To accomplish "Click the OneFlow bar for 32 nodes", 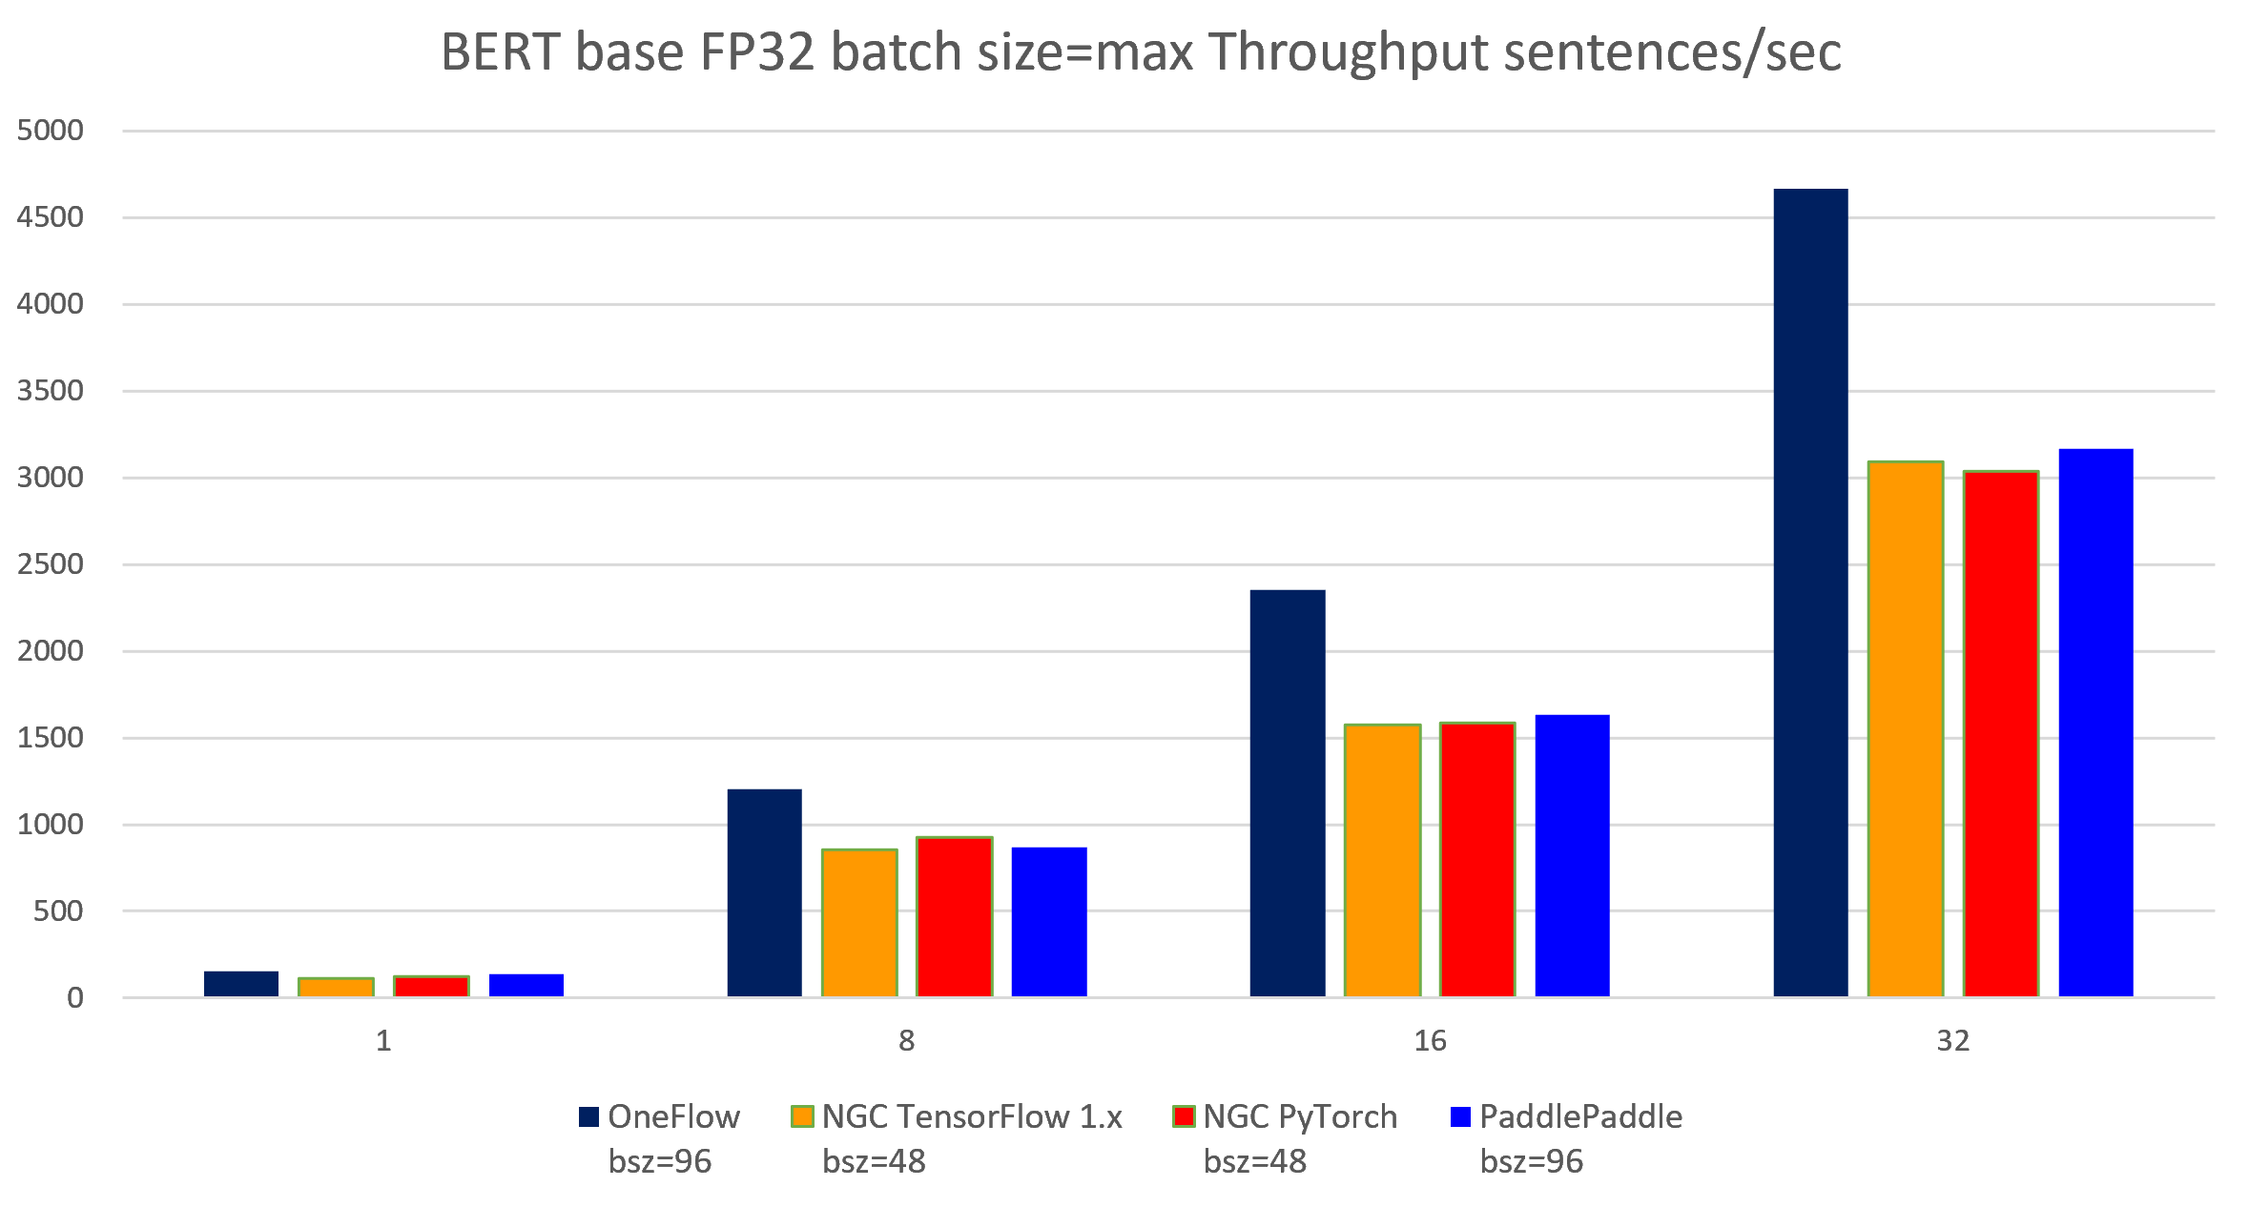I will (x=1810, y=592).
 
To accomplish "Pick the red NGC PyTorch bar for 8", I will (x=954, y=916).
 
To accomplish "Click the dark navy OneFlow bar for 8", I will (x=764, y=892).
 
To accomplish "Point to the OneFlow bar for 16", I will (x=1288, y=792).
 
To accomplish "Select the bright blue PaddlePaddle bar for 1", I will (x=526, y=985).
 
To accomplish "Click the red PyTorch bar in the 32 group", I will (x=2000, y=733).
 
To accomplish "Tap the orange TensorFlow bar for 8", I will (x=859, y=922).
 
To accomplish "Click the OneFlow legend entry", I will (x=673, y=1116).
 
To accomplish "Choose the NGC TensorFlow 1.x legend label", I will (x=972, y=1116).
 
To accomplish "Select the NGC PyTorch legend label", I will (x=1299, y=1116).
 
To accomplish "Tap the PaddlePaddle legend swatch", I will (x=1460, y=1116).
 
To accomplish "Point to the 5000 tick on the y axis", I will (x=51, y=131).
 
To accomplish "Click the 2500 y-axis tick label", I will (x=51, y=564).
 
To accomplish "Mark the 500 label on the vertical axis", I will (x=58, y=911).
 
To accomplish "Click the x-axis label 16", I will (x=1430, y=1040).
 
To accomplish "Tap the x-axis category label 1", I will (x=383, y=1040).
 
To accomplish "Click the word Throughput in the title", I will (x=1349, y=52).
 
